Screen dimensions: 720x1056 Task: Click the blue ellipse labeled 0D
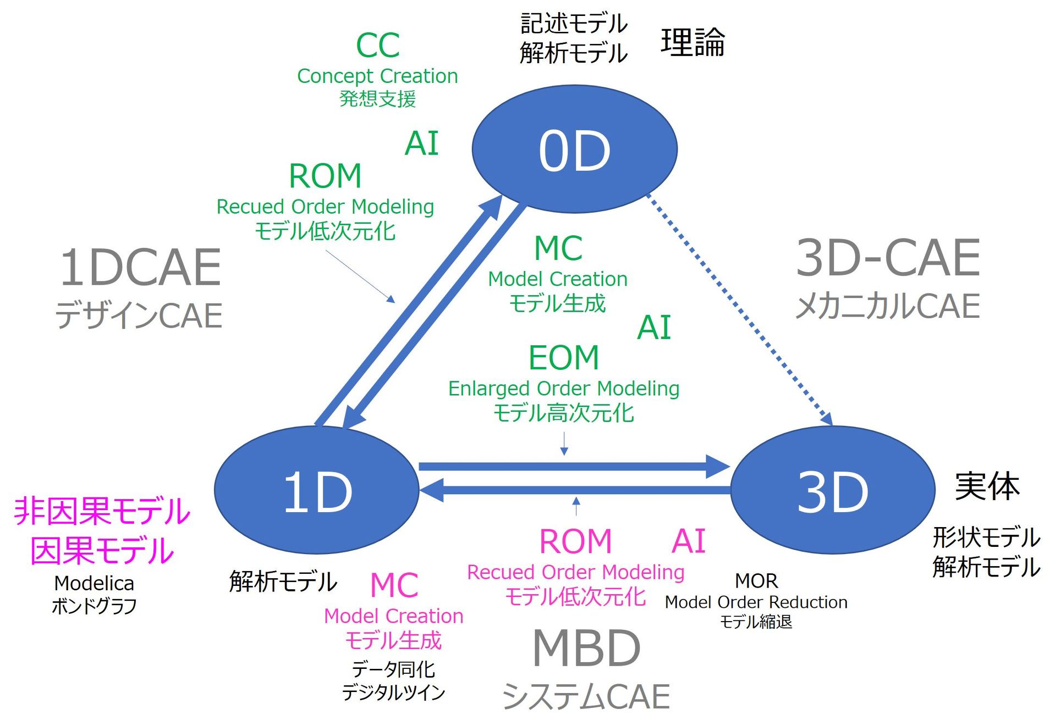click(x=574, y=149)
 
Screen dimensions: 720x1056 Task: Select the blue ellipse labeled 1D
click(x=316, y=490)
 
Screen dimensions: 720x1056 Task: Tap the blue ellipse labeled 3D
click(x=832, y=490)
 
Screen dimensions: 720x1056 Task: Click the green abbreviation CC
click(x=377, y=45)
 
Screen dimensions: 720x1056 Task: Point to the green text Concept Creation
click(x=377, y=76)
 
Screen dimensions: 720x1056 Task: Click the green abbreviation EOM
click(x=563, y=358)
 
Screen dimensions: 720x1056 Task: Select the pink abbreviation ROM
click(x=575, y=541)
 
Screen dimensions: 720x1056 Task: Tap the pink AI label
click(x=688, y=541)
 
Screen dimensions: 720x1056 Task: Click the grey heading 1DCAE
click(x=140, y=268)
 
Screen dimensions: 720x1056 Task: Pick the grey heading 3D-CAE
click(x=888, y=258)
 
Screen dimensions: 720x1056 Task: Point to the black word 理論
click(x=692, y=42)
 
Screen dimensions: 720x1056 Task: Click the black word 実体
click(x=987, y=487)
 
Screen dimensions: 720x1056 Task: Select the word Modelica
click(x=94, y=583)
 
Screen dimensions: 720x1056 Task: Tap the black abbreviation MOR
click(x=756, y=581)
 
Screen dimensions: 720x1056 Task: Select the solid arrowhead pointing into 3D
click(x=718, y=467)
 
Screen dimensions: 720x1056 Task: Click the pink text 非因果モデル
click(x=102, y=511)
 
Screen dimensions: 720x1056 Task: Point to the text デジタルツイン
click(x=393, y=693)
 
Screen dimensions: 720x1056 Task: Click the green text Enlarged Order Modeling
click(x=563, y=389)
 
